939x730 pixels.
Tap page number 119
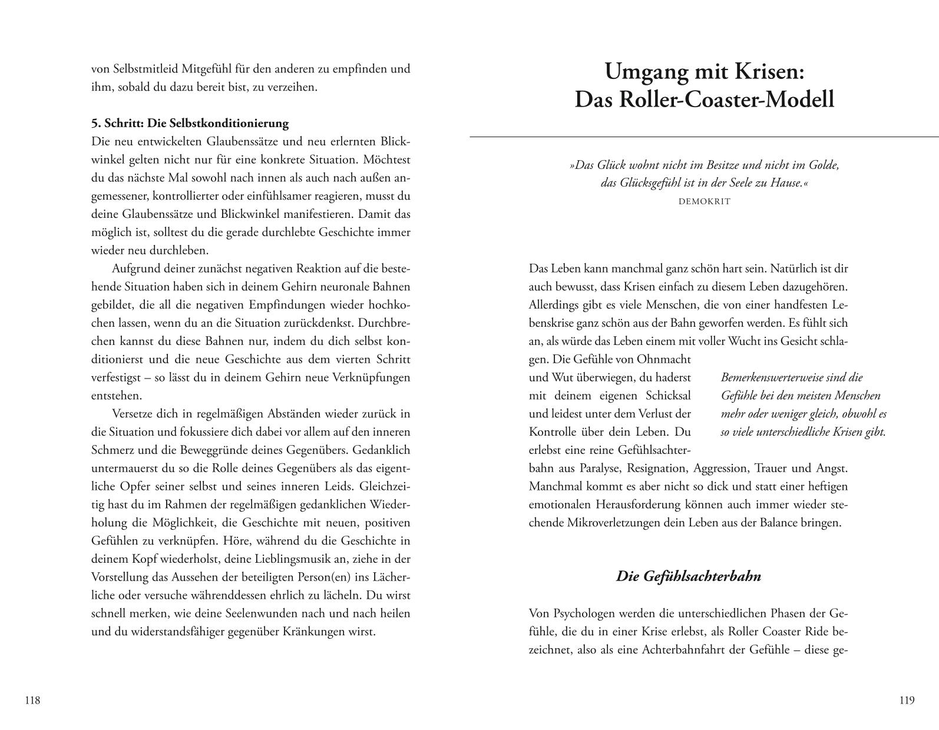click(x=907, y=700)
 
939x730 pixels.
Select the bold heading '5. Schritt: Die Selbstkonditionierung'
click(x=190, y=123)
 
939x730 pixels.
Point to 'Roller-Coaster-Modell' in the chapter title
click(x=726, y=99)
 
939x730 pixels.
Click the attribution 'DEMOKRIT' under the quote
click(x=704, y=201)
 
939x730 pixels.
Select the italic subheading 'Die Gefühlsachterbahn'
click(x=688, y=576)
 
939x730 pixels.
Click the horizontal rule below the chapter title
click(x=704, y=137)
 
